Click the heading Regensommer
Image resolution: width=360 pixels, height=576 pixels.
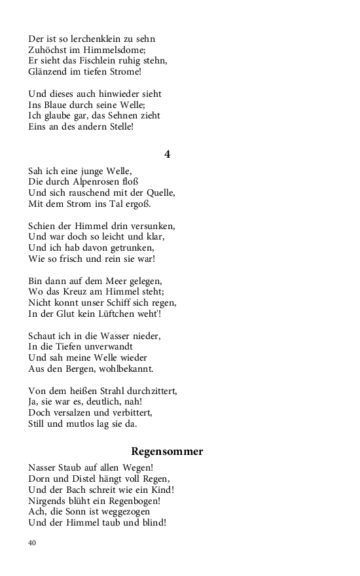click(167, 452)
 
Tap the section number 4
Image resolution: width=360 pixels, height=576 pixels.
click(168, 154)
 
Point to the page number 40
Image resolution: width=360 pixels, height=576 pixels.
click(32, 543)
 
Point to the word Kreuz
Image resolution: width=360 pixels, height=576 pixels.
click(82, 292)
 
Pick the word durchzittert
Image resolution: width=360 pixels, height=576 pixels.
click(147, 391)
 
